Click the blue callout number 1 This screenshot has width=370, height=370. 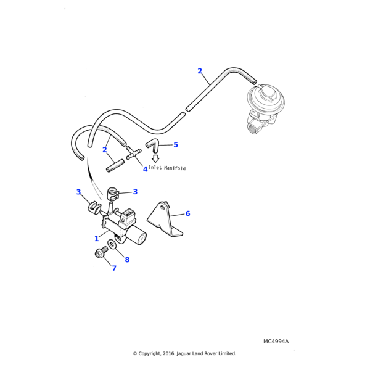(97, 238)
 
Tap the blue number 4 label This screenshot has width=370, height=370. (146, 169)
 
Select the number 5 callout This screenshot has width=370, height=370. (176, 145)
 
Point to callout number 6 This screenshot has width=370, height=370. (187, 214)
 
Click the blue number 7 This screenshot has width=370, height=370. (114, 268)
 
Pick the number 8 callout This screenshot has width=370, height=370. (127, 260)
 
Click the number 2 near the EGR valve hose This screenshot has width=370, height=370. (200, 71)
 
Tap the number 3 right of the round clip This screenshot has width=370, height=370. (135, 192)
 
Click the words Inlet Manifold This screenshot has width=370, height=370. (167, 168)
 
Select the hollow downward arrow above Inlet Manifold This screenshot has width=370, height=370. (155, 158)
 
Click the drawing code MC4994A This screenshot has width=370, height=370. (276, 341)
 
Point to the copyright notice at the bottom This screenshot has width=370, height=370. (184, 353)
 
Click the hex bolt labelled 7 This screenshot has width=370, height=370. (99, 253)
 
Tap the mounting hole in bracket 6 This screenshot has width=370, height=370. (160, 210)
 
